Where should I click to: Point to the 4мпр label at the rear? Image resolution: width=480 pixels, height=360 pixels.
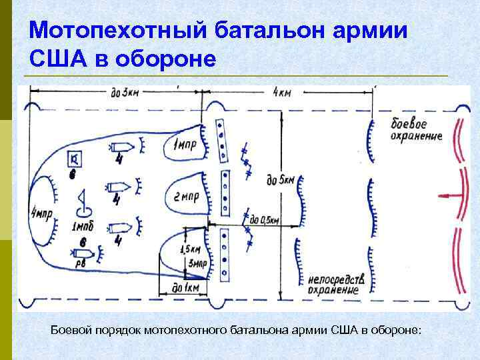click(41, 213)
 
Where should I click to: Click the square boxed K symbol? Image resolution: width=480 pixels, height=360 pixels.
click(75, 158)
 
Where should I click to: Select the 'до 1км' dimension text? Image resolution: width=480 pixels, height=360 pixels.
click(181, 287)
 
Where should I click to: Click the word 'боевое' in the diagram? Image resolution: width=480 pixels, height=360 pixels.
click(409, 125)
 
